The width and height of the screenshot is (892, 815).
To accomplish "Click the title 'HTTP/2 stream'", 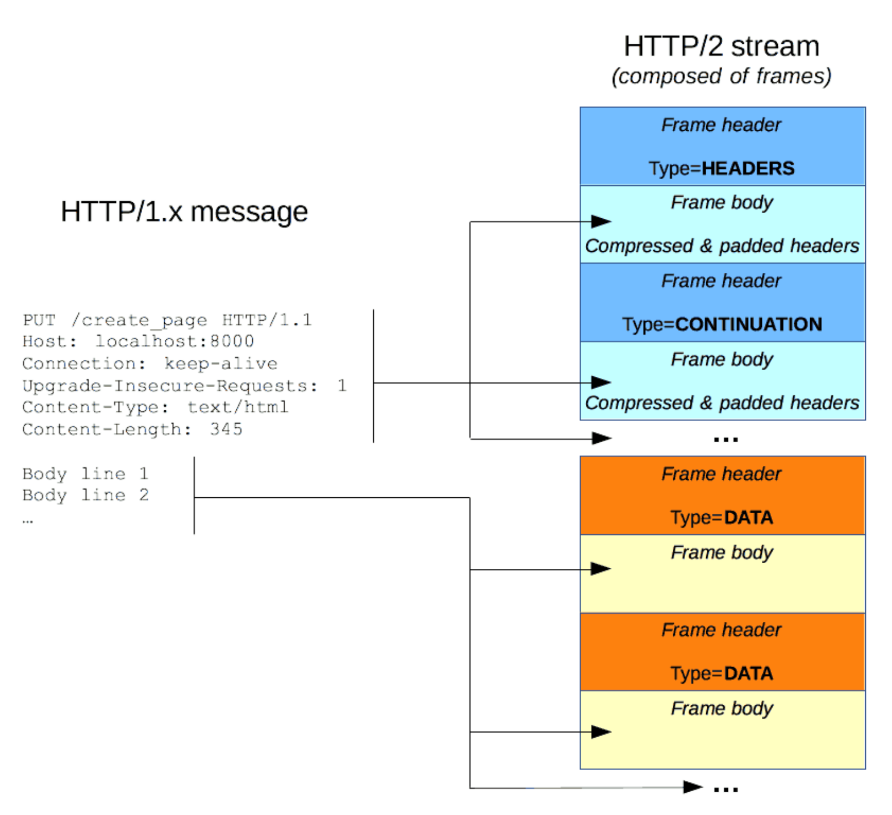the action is (722, 46).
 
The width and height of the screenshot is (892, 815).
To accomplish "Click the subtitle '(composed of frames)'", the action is (722, 76).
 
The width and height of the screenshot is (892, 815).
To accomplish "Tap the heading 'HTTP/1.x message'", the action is (184, 212).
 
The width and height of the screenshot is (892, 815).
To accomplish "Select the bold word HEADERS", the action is (748, 168).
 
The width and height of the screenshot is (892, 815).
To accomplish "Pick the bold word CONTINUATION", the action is (748, 324).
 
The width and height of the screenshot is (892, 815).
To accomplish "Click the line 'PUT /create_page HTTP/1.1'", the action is (167, 320).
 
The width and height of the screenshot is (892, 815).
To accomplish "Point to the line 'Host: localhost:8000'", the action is (138, 341).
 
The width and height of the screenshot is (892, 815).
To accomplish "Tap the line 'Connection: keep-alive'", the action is (150, 363).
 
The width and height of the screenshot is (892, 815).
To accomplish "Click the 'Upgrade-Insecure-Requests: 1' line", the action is (184, 385).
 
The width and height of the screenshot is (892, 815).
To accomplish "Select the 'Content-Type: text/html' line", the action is (155, 407).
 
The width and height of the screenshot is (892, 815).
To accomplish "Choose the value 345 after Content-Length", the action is (226, 429).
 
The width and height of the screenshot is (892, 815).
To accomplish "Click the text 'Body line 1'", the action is (85, 473).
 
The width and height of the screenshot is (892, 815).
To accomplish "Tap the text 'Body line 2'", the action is (85, 495).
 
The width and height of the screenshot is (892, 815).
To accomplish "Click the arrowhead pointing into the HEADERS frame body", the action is (601, 221).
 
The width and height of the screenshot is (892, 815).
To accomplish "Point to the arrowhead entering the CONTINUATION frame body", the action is (601, 382).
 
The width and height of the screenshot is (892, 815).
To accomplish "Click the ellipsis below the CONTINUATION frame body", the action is (726, 439).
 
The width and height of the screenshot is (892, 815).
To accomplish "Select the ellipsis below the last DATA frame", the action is (726, 789).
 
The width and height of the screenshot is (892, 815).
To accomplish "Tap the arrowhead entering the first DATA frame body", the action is (601, 568).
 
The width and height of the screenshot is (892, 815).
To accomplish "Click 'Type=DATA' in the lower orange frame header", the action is (722, 673).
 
